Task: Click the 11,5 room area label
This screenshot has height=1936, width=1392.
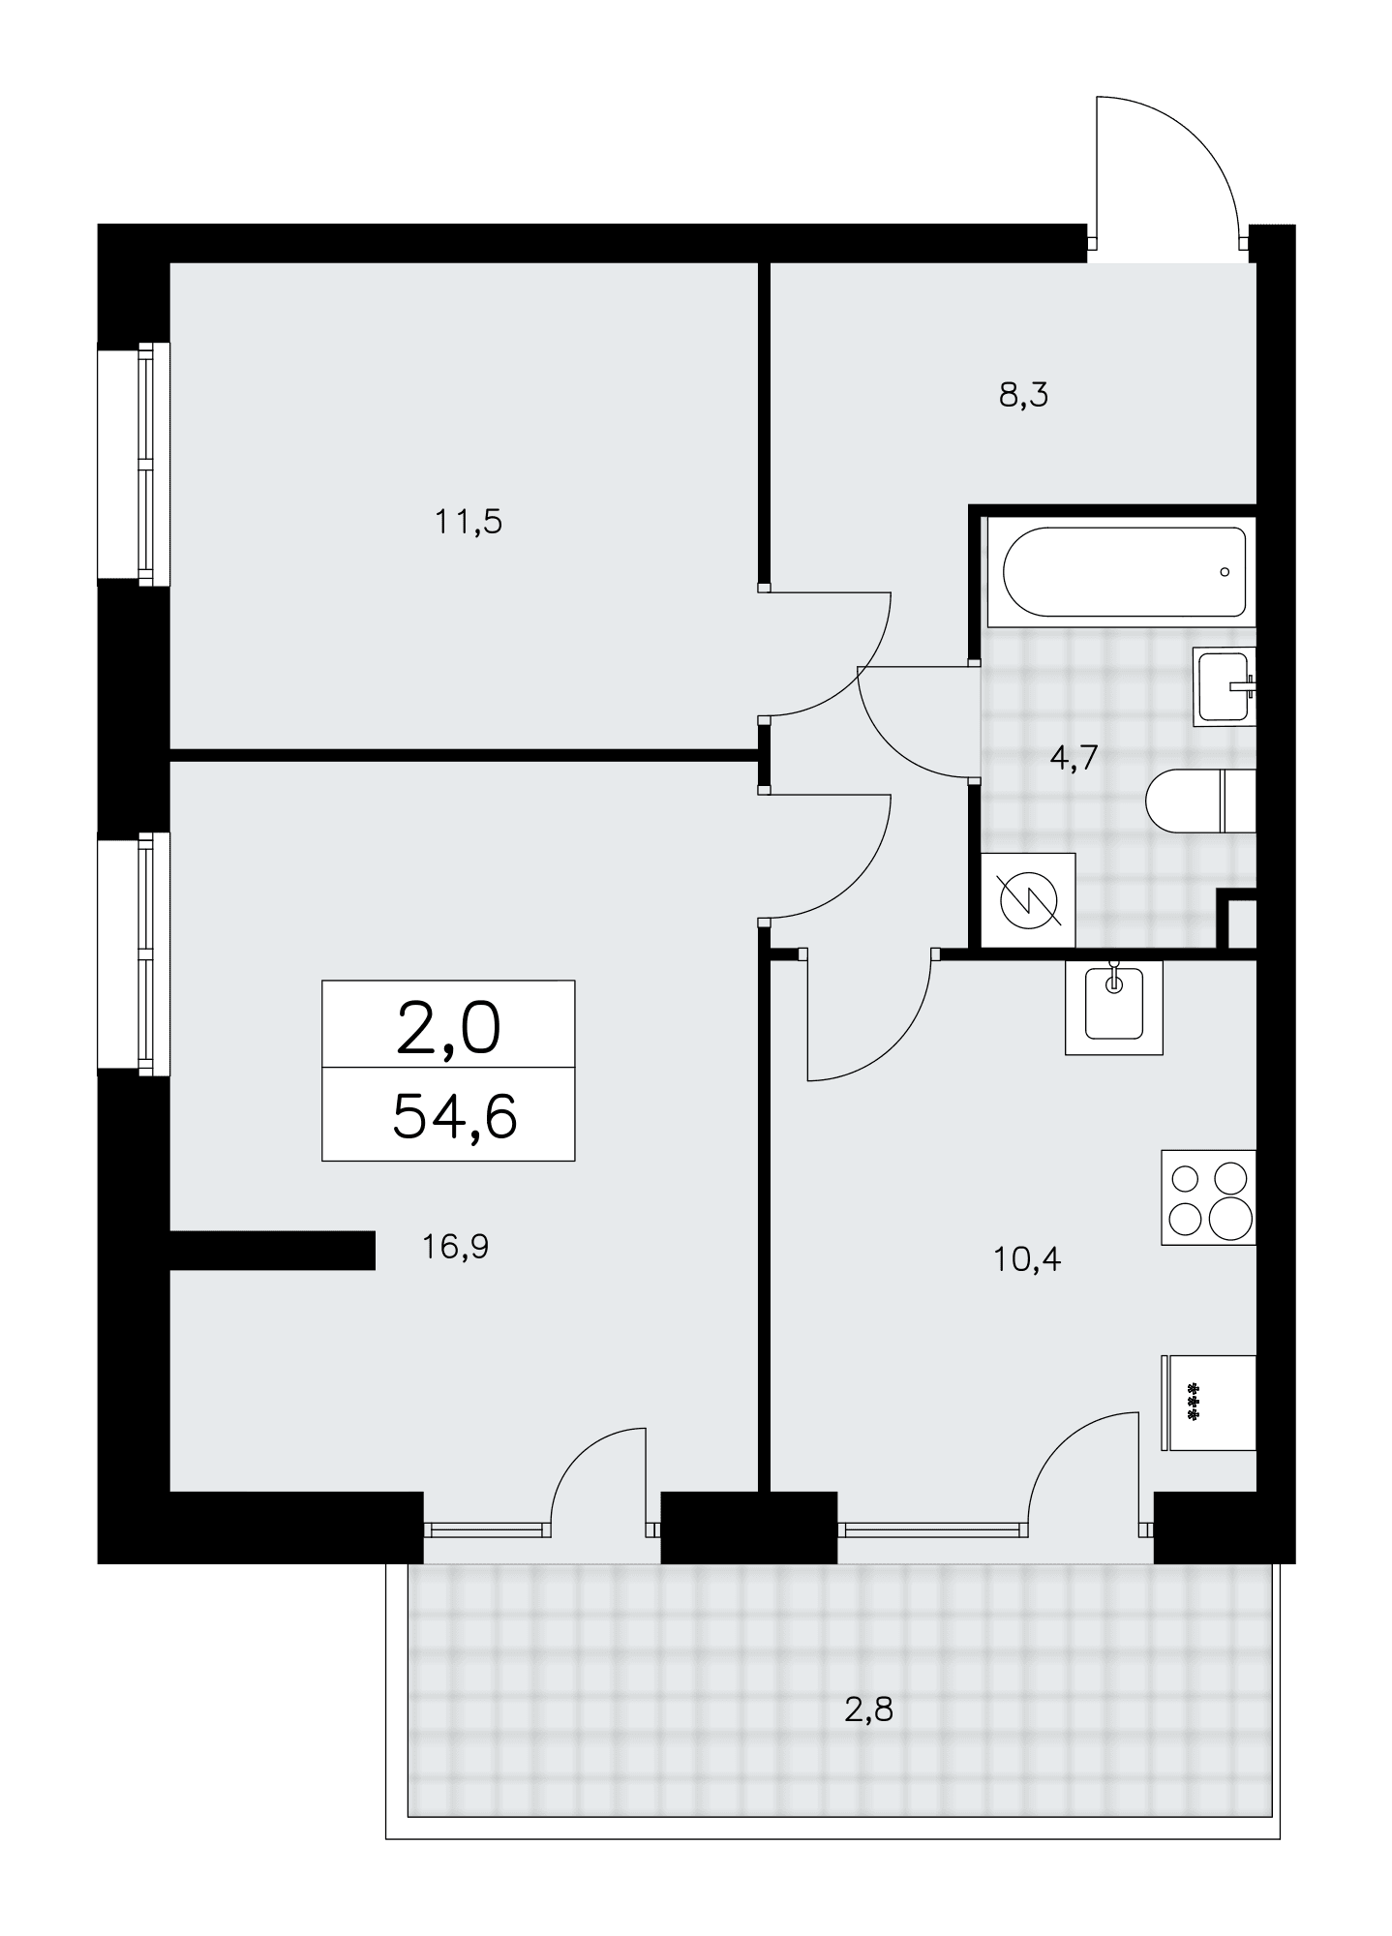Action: click(x=469, y=523)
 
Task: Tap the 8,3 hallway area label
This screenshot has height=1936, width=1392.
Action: click(x=1024, y=395)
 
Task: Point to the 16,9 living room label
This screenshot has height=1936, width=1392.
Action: click(x=455, y=1247)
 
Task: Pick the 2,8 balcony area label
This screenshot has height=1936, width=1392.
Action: click(x=868, y=1710)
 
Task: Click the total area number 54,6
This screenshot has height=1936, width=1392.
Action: click(x=455, y=1115)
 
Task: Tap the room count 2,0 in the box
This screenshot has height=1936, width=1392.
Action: click(x=449, y=1028)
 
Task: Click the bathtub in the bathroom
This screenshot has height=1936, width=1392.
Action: click(x=1125, y=571)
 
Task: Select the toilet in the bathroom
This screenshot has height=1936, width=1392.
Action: click(x=1200, y=802)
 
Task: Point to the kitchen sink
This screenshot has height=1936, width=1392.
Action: click(x=1113, y=1007)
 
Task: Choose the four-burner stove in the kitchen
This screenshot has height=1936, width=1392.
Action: click(x=1208, y=1197)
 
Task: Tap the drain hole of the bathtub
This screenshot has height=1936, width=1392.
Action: click(x=1225, y=572)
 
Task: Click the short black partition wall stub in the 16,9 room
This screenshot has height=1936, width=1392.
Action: click(x=272, y=1250)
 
